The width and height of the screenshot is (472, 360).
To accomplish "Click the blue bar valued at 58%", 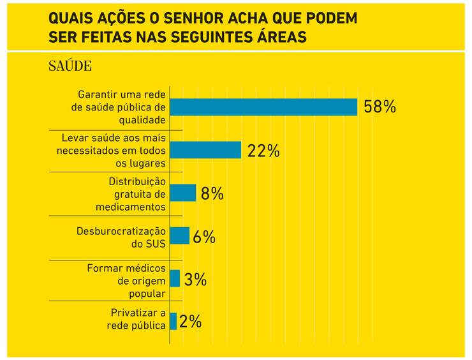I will [x=263, y=107].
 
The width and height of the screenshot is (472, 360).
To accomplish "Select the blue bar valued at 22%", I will [x=205, y=150].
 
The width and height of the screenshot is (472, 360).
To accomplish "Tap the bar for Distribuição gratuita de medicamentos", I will [x=183, y=193].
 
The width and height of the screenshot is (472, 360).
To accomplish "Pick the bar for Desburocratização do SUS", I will [x=180, y=236].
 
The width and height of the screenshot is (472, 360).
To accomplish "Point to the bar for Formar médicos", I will [x=175, y=279].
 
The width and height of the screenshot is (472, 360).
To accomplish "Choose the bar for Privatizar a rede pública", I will [x=173, y=322].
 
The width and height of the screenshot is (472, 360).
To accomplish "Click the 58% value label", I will [x=380, y=107].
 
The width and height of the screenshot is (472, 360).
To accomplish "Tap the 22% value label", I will [x=263, y=151].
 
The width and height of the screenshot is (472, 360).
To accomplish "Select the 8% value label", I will [x=212, y=193].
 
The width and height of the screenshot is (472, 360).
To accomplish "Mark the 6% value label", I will [x=203, y=237].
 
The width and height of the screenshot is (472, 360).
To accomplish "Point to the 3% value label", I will [x=195, y=280].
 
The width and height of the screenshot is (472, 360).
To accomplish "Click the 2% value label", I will [x=191, y=322].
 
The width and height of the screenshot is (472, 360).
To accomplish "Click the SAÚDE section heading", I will [x=70, y=66].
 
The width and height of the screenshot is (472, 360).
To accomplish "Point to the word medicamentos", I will [x=131, y=207].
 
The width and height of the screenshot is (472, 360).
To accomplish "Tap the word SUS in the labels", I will [x=155, y=243].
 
